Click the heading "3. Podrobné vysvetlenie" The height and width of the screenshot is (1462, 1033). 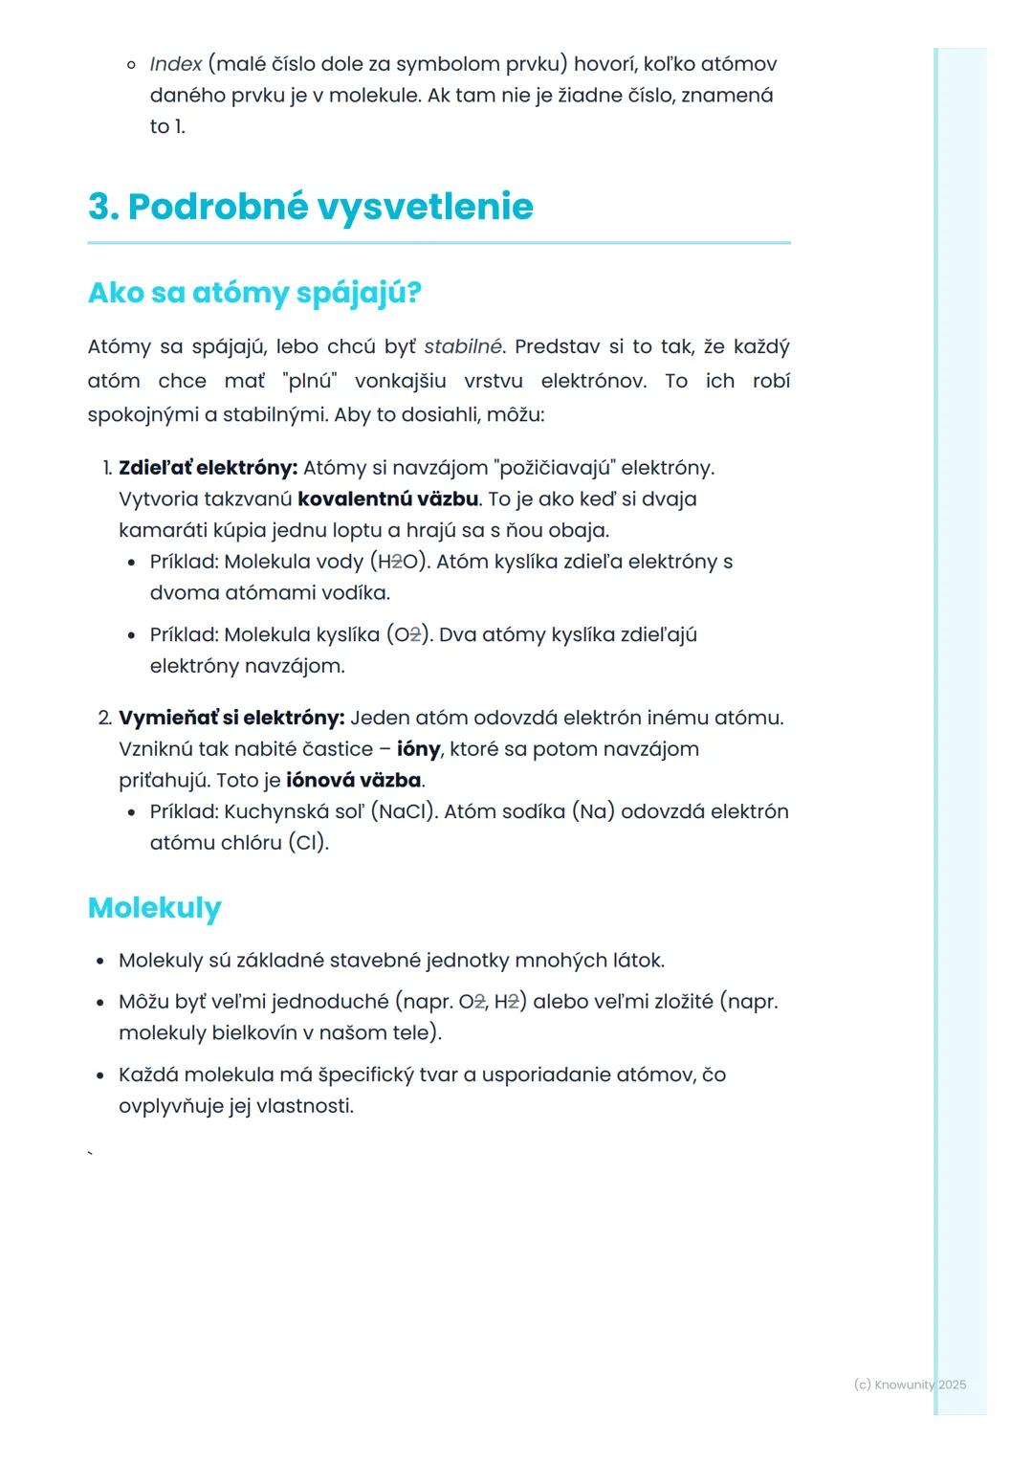(x=311, y=207)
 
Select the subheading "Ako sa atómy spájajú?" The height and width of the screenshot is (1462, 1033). (x=254, y=293)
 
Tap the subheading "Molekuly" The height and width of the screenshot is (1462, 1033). (x=154, y=907)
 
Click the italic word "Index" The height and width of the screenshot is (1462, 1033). (x=176, y=64)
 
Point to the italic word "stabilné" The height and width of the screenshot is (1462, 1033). (x=463, y=346)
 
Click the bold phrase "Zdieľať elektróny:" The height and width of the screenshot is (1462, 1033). (x=208, y=468)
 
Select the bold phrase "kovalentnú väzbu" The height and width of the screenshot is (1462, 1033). (x=387, y=499)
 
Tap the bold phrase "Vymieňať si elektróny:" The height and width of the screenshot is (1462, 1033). (x=231, y=718)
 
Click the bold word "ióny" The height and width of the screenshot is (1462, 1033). (x=418, y=749)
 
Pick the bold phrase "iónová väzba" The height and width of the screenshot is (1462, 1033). (x=354, y=781)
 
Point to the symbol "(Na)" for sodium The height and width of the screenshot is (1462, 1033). (x=593, y=811)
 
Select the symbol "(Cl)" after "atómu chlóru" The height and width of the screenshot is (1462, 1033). (x=308, y=843)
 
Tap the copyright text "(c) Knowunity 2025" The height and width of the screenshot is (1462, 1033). (x=910, y=1384)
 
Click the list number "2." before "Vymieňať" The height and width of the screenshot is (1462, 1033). (x=105, y=718)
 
